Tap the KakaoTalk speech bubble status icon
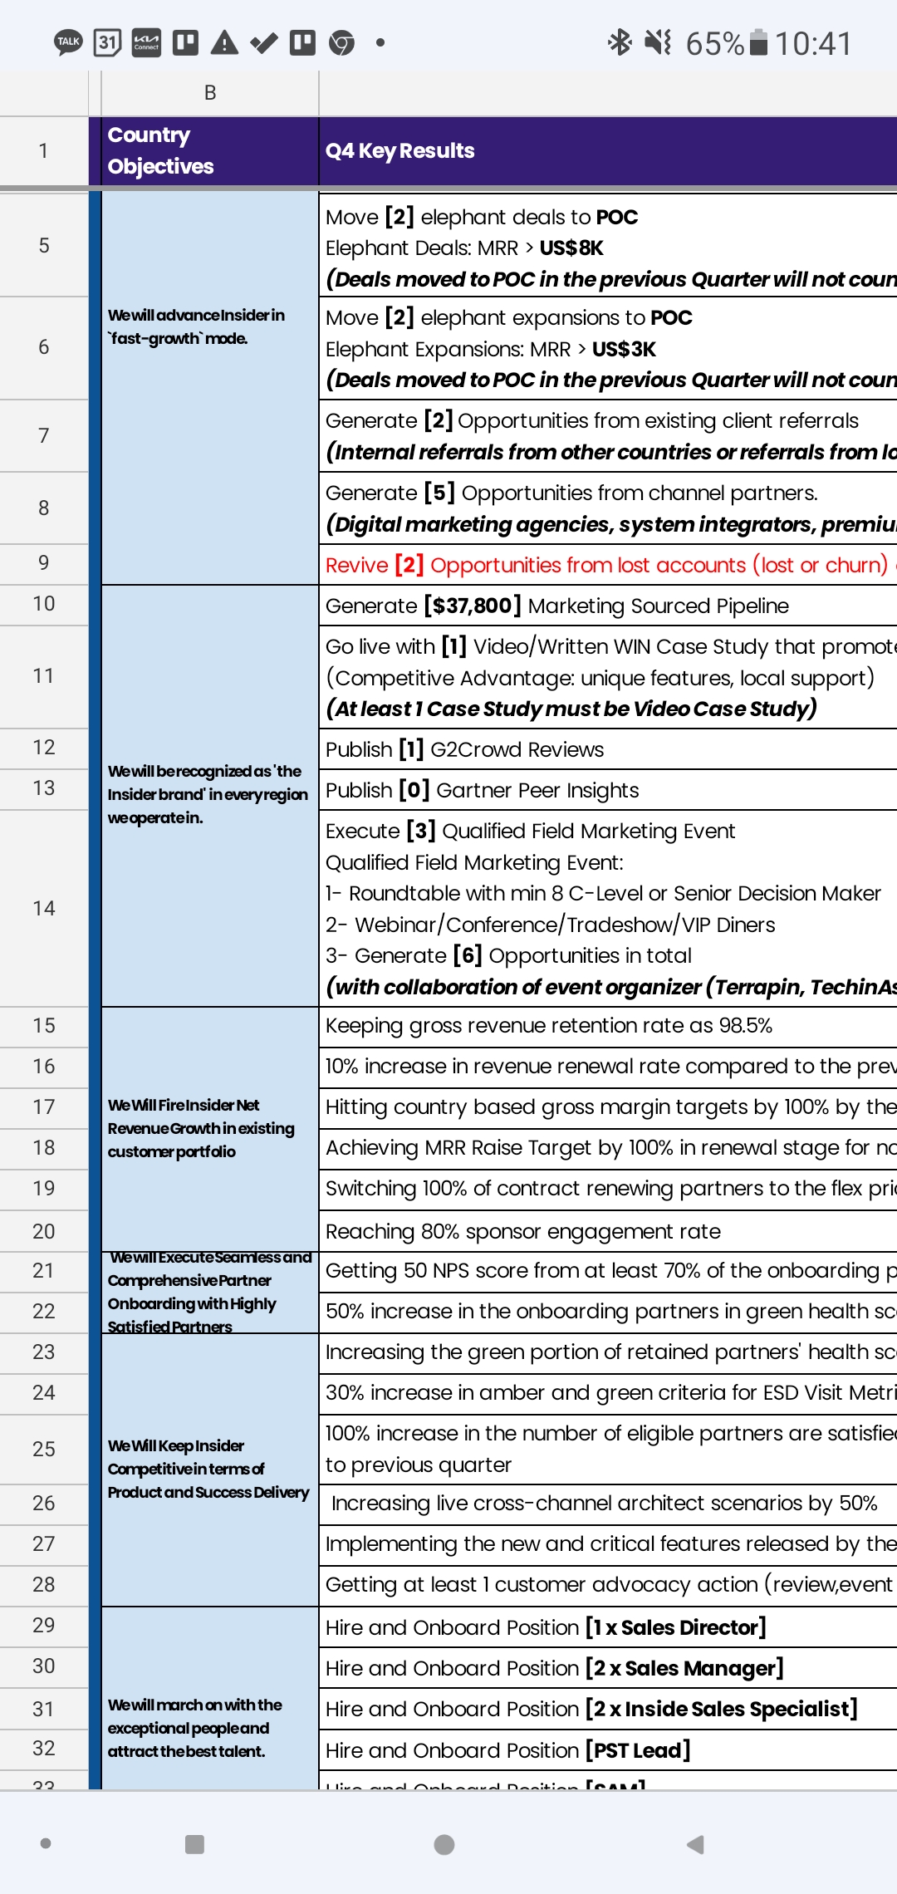coord(68,42)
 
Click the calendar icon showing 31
coord(107,42)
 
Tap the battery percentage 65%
coord(714,43)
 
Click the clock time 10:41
coord(813,43)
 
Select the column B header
coord(210,93)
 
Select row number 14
coord(44,908)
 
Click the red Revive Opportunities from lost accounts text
coord(606,565)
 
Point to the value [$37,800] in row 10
coord(472,606)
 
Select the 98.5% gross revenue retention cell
coord(549,1026)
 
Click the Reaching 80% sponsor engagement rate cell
coord(523,1231)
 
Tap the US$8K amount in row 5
coord(571,248)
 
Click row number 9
coord(44,563)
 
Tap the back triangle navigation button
coord(695,1844)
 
